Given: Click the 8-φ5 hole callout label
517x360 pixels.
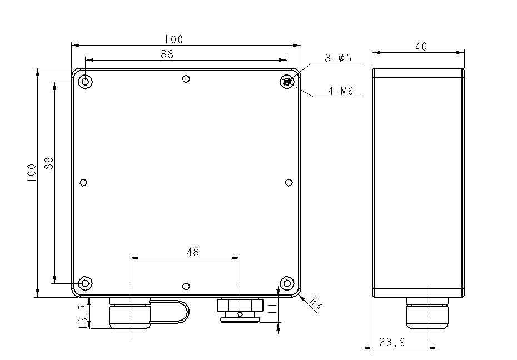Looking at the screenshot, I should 338,58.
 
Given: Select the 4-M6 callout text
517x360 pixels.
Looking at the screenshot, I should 340,91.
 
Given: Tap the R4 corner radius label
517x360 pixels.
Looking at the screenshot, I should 316,303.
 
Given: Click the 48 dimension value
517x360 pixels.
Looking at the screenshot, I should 192,252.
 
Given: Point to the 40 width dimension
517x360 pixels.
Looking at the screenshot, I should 421,47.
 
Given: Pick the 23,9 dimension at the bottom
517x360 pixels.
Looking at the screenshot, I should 392,343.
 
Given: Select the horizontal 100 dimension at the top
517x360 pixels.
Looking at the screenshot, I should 173,39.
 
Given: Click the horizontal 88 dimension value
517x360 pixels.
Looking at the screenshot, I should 167,54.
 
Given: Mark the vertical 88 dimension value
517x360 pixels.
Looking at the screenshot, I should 49,163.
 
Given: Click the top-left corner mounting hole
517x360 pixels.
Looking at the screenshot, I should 85,82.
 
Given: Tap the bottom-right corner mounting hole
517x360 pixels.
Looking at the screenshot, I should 287,283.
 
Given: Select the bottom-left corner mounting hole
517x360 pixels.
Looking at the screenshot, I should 85,283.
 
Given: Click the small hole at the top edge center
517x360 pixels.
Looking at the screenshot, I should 186,78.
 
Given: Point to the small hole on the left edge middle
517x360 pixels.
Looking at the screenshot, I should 84,183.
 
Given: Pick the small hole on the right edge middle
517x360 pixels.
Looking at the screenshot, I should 289,183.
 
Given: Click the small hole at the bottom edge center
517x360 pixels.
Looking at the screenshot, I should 186,286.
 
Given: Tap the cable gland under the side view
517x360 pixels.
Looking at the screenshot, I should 427,314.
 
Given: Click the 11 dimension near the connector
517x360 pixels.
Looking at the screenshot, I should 271,309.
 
